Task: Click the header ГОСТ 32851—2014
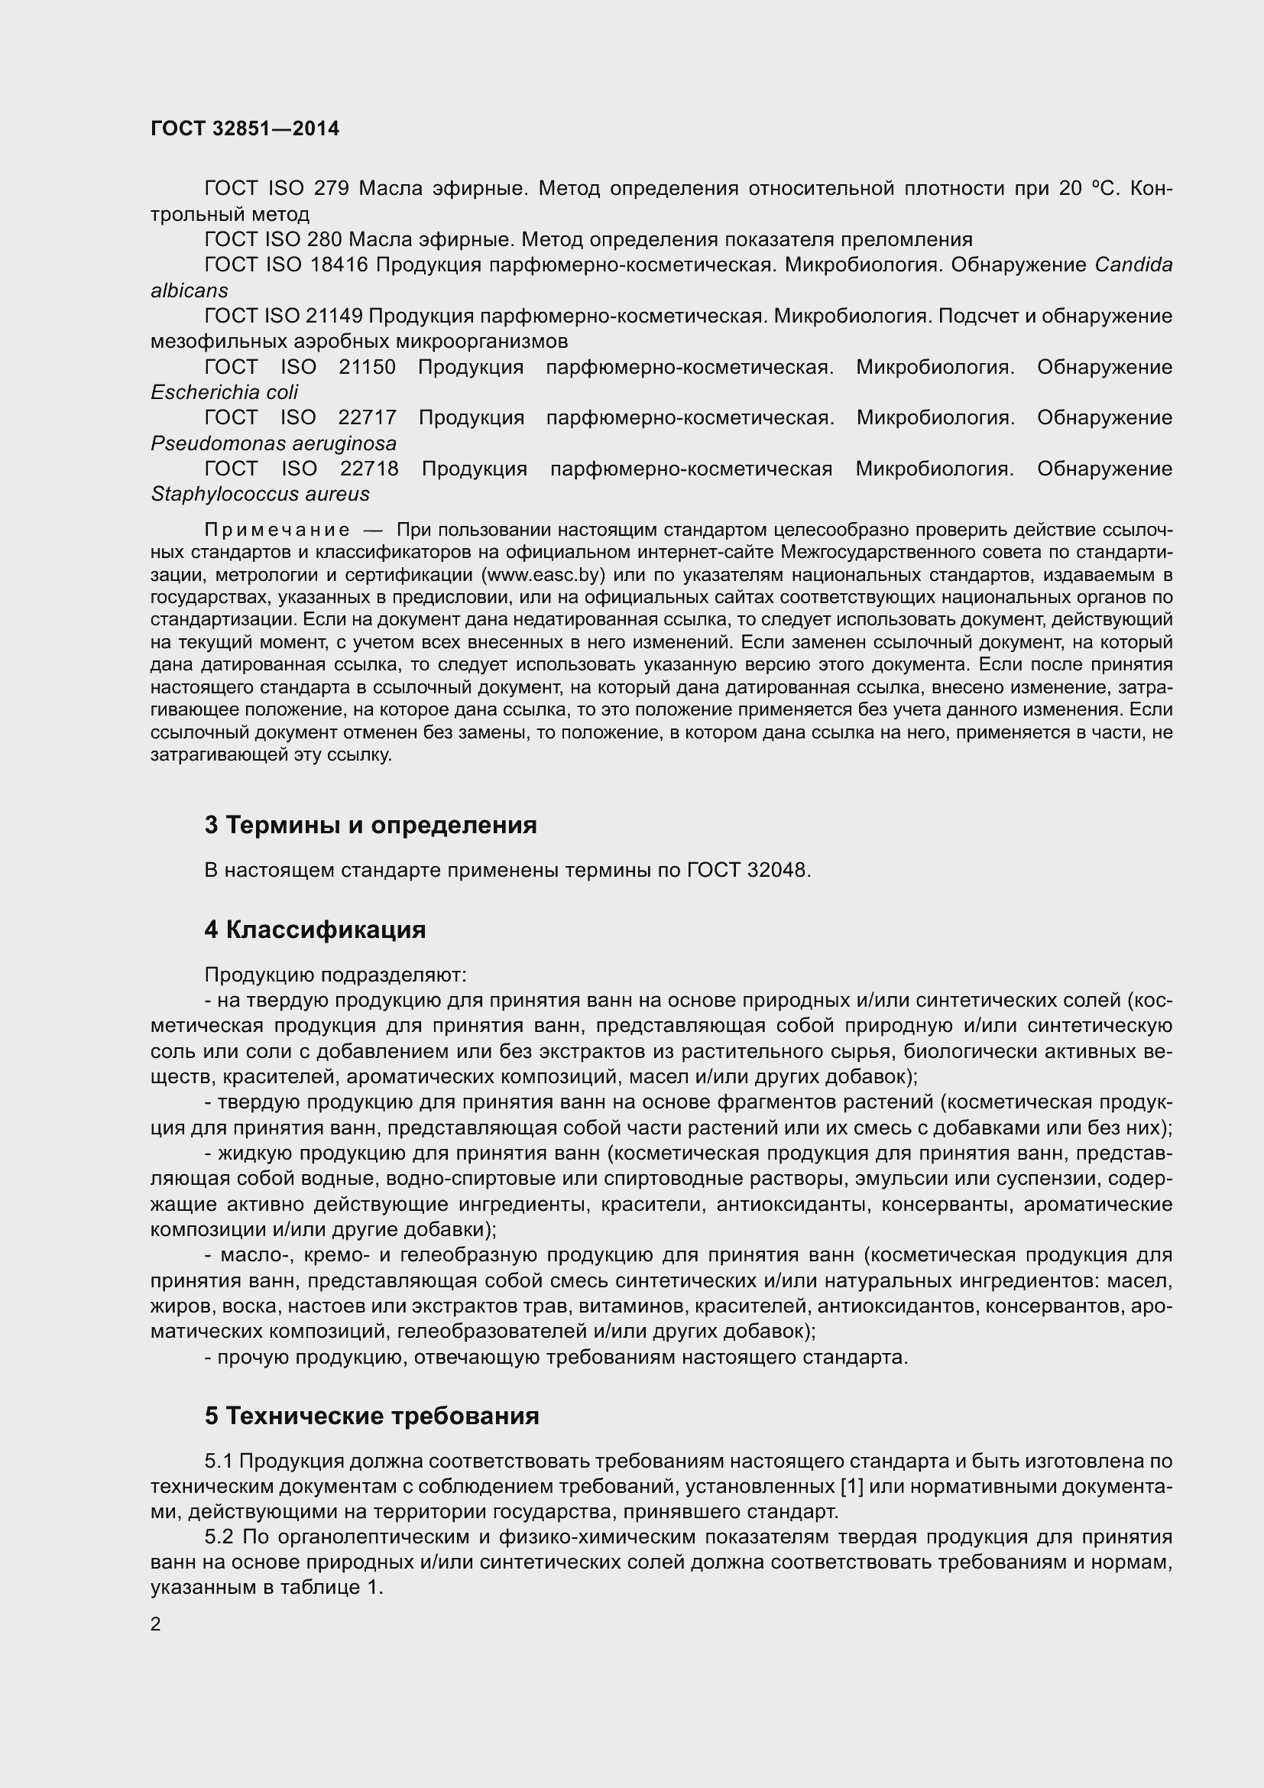[245, 128]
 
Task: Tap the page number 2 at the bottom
[156, 1624]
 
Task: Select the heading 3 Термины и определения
[371, 825]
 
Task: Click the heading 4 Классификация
[315, 930]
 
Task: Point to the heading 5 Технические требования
[372, 1416]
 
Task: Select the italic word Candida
[1133, 264]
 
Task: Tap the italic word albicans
[189, 290]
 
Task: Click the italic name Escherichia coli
[224, 392]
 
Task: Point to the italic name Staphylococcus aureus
[260, 494]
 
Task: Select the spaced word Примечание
[277, 531]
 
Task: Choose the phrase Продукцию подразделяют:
[335, 975]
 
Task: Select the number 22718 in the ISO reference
[370, 469]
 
